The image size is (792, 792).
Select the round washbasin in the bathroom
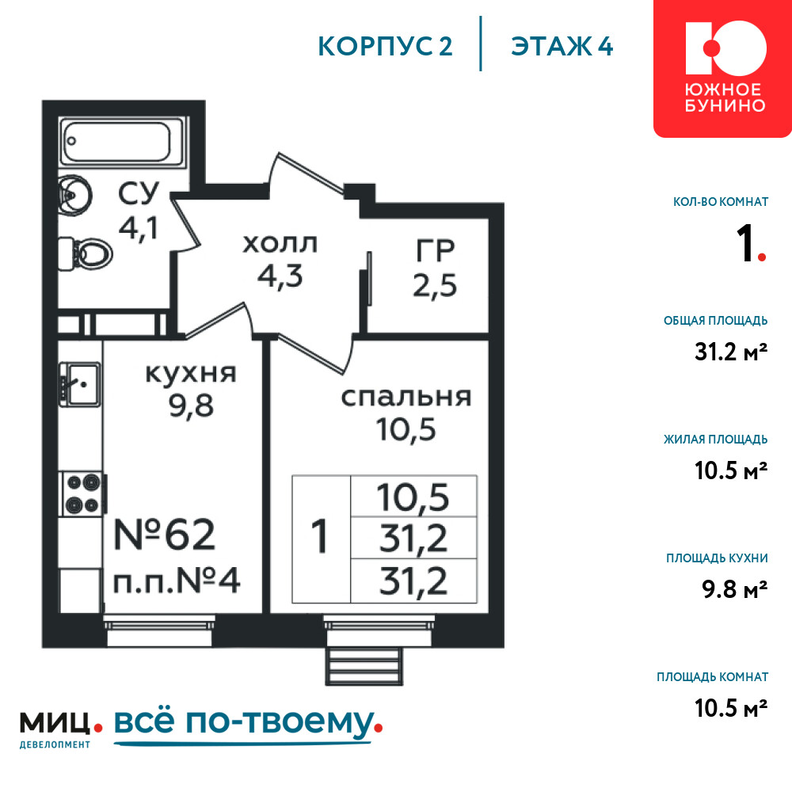75,196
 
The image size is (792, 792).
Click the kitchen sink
80,384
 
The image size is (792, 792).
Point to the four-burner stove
83,493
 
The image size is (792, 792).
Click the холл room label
280,245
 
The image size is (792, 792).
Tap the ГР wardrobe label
435,250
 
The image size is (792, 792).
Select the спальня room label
406,397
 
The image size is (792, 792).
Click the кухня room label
190,374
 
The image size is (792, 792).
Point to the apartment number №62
165,535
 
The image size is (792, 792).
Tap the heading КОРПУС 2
386,47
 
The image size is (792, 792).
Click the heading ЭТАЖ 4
562,47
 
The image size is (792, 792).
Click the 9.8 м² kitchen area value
734,589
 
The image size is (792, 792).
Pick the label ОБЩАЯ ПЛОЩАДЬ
716,321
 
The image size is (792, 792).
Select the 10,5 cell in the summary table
413,497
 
